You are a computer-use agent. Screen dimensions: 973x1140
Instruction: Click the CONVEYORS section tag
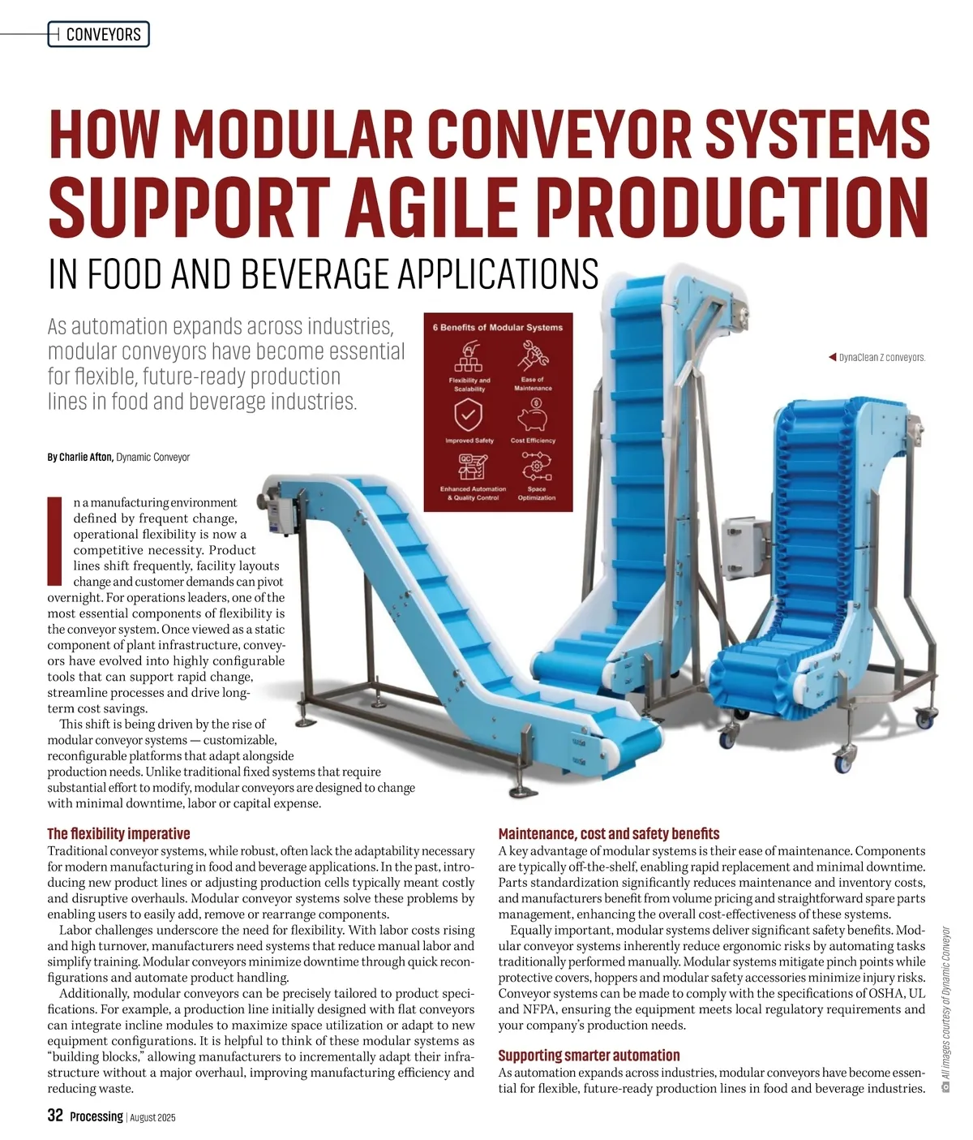[x=98, y=34]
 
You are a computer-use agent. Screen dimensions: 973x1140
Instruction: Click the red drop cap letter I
[x=54, y=541]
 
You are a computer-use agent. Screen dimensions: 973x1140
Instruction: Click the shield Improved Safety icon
[x=469, y=415]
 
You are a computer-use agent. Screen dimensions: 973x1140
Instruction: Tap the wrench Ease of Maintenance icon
[x=533, y=355]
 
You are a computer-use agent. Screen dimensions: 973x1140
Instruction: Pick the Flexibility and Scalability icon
[x=469, y=356]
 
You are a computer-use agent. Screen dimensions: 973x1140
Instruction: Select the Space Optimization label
[x=537, y=493]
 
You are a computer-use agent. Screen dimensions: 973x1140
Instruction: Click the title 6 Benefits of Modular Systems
[x=498, y=328]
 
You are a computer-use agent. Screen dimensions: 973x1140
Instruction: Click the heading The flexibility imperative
[x=118, y=833]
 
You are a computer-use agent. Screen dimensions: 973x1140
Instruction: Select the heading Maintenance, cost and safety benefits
[x=609, y=833]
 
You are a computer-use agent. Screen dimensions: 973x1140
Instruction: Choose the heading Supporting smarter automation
[x=589, y=1055]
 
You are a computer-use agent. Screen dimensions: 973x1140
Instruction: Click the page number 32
[x=55, y=1115]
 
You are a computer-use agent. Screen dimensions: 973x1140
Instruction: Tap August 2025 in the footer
[x=152, y=1117]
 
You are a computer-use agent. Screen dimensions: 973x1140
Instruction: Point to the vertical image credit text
[x=946, y=1009]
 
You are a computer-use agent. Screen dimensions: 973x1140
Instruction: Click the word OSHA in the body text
[x=886, y=993]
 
